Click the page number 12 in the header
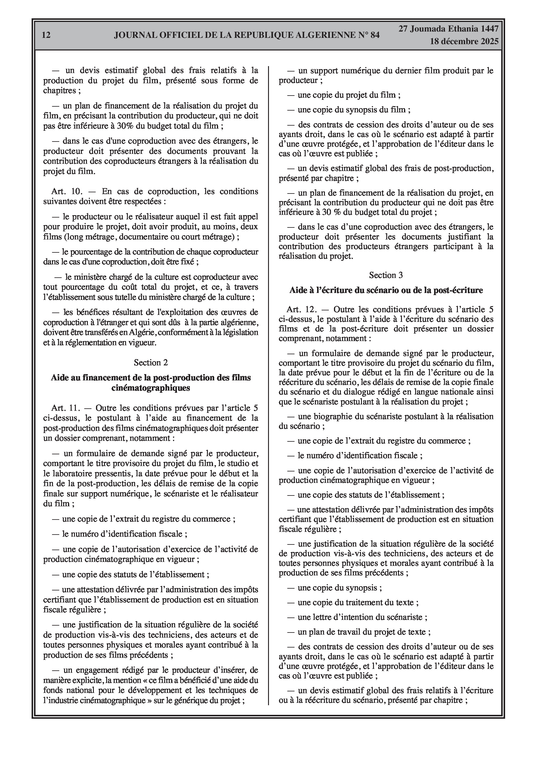pyautogui.click(x=46, y=35)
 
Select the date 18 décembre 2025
pyautogui.click(x=464, y=42)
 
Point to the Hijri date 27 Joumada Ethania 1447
pyautogui.click(x=448, y=29)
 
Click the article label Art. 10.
pyautogui.click(x=65, y=191)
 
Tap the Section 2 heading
pyautogui.click(x=151, y=363)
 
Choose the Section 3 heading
pyautogui.click(x=386, y=275)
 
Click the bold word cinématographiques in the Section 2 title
pyautogui.click(x=151, y=388)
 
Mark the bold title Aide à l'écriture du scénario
pyautogui.click(x=386, y=290)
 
